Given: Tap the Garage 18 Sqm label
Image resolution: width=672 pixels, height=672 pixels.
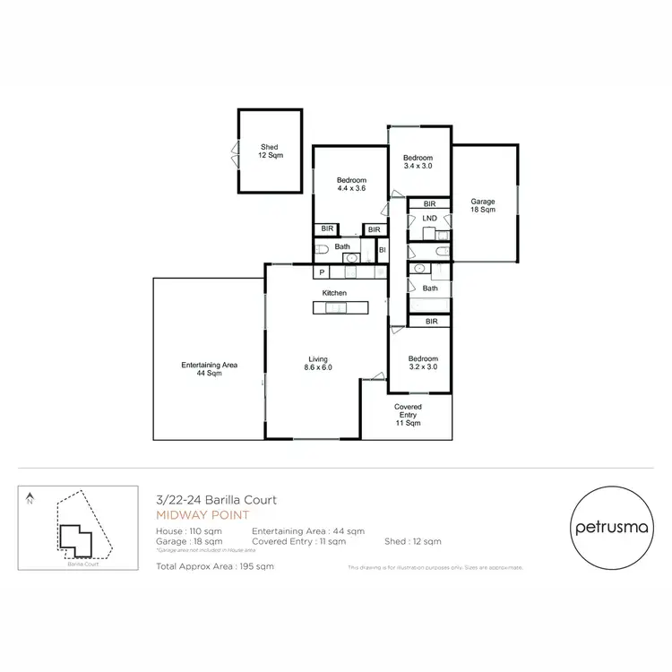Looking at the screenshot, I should tap(483, 206).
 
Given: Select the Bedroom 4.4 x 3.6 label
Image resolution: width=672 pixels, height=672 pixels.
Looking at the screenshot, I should tap(351, 185).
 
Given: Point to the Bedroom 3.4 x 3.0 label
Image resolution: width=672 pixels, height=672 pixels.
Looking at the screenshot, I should tap(418, 161).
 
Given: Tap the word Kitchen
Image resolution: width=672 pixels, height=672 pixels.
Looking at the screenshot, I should tap(334, 293).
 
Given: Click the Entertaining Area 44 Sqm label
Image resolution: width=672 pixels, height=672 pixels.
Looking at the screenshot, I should tap(209, 368).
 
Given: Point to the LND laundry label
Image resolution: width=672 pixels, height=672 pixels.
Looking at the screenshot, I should tap(430, 219).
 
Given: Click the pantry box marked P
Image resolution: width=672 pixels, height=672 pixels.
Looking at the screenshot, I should tap(320, 271).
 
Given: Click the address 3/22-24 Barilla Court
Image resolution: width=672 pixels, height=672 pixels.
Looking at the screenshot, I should tap(216, 500).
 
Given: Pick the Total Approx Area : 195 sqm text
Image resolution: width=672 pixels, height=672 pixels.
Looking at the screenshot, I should tap(215, 566).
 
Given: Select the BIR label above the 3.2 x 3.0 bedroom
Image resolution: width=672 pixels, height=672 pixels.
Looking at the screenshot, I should tap(431, 321).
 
